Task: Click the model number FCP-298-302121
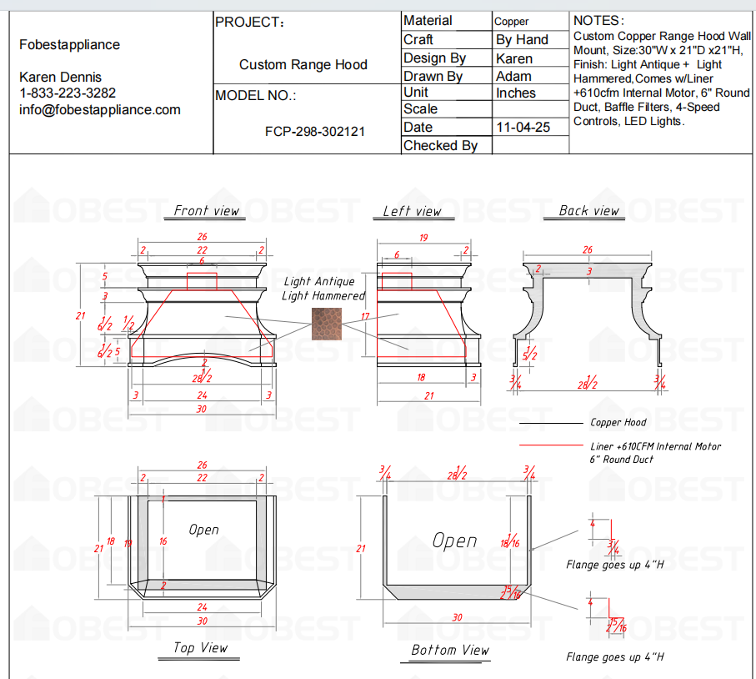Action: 314,131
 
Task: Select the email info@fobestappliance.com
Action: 100,109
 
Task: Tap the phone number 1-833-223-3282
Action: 68,93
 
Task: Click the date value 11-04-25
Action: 523,128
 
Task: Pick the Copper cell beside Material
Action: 512,22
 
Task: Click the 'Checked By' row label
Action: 440,145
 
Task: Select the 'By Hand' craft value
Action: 522,39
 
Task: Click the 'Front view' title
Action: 206,211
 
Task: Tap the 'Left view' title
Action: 412,211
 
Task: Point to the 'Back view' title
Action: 589,211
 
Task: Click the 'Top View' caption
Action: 200,647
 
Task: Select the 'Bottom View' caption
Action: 450,650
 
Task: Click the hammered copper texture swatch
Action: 326,323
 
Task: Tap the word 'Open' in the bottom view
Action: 454,541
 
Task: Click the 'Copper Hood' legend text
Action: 618,423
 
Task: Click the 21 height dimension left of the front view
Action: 80,315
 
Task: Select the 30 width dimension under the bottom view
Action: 457,617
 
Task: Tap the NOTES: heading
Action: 598,20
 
